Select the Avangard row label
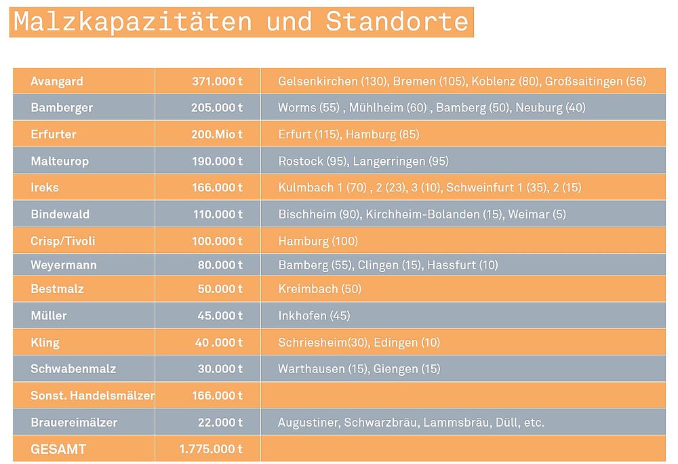click(x=57, y=81)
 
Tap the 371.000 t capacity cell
click(x=217, y=81)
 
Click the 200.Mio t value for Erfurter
click(x=217, y=134)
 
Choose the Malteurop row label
click(x=60, y=161)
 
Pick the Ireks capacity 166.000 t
click(x=217, y=187)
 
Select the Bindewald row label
click(x=60, y=214)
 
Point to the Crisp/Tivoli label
click(x=63, y=241)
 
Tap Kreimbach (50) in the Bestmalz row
click(x=319, y=289)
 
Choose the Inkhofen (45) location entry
click(x=314, y=315)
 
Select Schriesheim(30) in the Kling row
click(x=323, y=343)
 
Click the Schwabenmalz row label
click(x=73, y=369)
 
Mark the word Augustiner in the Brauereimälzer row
click(x=308, y=423)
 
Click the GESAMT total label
click(x=58, y=449)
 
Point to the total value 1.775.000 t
click(x=211, y=449)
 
